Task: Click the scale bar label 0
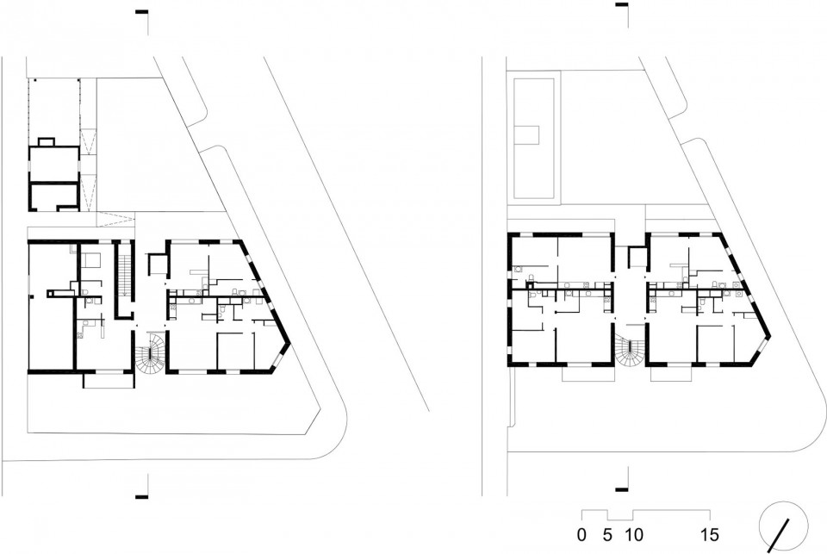coord(581,535)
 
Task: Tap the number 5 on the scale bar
coord(607,535)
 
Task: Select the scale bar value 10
coord(634,535)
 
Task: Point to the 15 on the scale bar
coord(710,535)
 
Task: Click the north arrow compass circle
coord(783,501)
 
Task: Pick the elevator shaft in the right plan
coord(637,257)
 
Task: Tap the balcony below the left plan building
coord(108,381)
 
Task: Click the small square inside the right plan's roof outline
coord(527,135)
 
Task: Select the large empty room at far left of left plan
coord(50,306)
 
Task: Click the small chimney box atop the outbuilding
coord(47,142)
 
